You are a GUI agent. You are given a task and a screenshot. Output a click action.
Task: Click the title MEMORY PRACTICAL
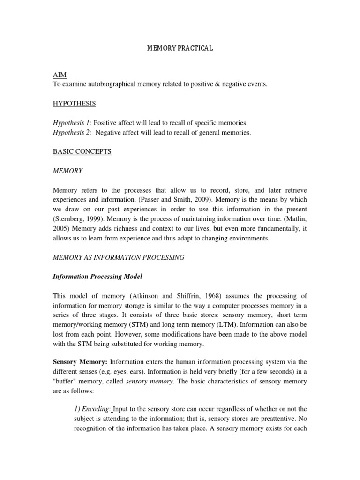[180, 48]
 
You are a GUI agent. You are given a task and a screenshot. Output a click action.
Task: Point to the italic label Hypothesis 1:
[72, 123]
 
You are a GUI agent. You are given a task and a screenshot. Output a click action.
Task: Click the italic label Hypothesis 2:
[72, 133]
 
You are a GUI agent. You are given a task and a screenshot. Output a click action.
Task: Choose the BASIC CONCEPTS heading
[82, 152]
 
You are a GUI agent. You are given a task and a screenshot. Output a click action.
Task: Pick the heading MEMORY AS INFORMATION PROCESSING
[119, 257]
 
